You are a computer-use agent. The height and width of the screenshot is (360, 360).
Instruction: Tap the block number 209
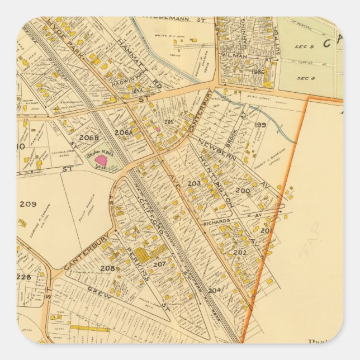pyautogui.click(x=27, y=204)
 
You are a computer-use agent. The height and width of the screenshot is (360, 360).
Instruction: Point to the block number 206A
pyautogui.click(x=122, y=132)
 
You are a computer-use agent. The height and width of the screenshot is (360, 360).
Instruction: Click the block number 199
pyautogui.click(x=260, y=125)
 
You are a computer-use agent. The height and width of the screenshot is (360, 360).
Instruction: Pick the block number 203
pyautogui.click(x=193, y=183)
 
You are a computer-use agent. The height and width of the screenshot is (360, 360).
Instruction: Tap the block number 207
pyautogui.click(x=159, y=264)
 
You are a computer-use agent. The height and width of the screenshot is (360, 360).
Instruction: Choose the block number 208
pyautogui.click(x=107, y=268)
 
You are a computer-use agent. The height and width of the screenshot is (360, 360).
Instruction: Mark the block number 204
pyautogui.click(x=214, y=290)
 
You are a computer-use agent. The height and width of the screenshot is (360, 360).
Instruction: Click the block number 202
pyautogui.click(x=240, y=252)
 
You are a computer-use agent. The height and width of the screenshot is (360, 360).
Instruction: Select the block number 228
pyautogui.click(x=23, y=277)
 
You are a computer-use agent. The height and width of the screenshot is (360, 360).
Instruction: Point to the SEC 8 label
pyautogui.click(x=303, y=78)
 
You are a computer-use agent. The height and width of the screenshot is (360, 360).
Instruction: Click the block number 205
pyautogui.click(x=169, y=121)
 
